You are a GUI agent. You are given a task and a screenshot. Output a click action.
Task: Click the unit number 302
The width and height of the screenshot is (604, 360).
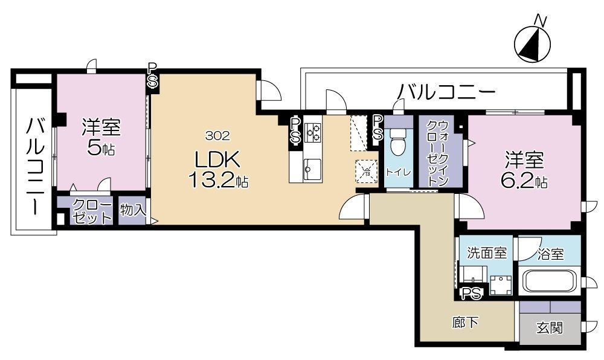(x=217, y=134)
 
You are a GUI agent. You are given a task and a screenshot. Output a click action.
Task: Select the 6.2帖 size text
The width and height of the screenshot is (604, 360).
(x=524, y=181)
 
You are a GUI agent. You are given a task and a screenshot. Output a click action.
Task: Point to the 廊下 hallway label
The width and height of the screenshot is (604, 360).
(x=465, y=323)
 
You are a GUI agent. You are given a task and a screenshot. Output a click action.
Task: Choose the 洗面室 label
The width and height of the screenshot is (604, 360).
(x=487, y=253)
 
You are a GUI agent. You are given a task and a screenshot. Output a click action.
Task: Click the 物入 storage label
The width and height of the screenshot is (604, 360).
(x=132, y=210)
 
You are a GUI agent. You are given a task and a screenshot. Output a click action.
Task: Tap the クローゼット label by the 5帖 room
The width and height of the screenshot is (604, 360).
(x=92, y=211)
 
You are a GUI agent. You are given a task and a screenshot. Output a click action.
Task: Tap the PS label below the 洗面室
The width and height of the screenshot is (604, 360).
(x=472, y=294)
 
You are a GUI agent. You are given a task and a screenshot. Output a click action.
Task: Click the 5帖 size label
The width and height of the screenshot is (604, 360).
(x=101, y=149)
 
